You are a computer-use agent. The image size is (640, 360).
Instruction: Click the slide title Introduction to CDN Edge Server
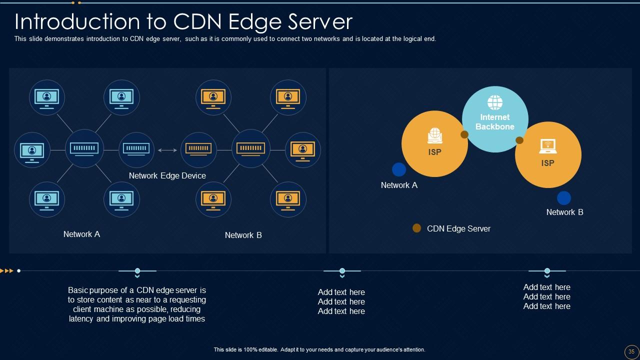[183, 22]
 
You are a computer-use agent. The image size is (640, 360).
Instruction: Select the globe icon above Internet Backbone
[495, 103]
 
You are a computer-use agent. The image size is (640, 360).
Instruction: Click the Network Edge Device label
[167, 175]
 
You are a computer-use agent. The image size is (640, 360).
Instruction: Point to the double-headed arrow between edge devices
[167, 150]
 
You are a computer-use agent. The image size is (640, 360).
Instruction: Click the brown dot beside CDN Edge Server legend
[416, 228]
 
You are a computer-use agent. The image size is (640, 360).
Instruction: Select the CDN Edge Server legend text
[458, 228]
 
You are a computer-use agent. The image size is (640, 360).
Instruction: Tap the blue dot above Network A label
[399, 169]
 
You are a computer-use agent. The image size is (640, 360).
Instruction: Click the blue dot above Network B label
[564, 198]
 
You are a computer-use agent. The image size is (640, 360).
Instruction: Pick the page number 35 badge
[631, 351]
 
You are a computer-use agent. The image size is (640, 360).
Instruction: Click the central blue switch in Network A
[84, 148]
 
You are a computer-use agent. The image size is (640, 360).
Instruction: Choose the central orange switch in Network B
[251, 148]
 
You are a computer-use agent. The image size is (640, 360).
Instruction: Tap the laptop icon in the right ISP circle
[548, 146]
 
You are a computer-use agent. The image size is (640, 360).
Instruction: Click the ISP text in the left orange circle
[434, 152]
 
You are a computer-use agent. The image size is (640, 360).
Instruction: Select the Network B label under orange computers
[243, 235]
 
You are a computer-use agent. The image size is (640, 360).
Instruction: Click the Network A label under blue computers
[81, 234]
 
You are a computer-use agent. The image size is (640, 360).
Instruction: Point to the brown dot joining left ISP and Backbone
[464, 134]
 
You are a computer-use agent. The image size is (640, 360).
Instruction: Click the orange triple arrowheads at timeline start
[7, 271]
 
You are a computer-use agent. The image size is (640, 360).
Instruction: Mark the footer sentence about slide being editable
[319, 350]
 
